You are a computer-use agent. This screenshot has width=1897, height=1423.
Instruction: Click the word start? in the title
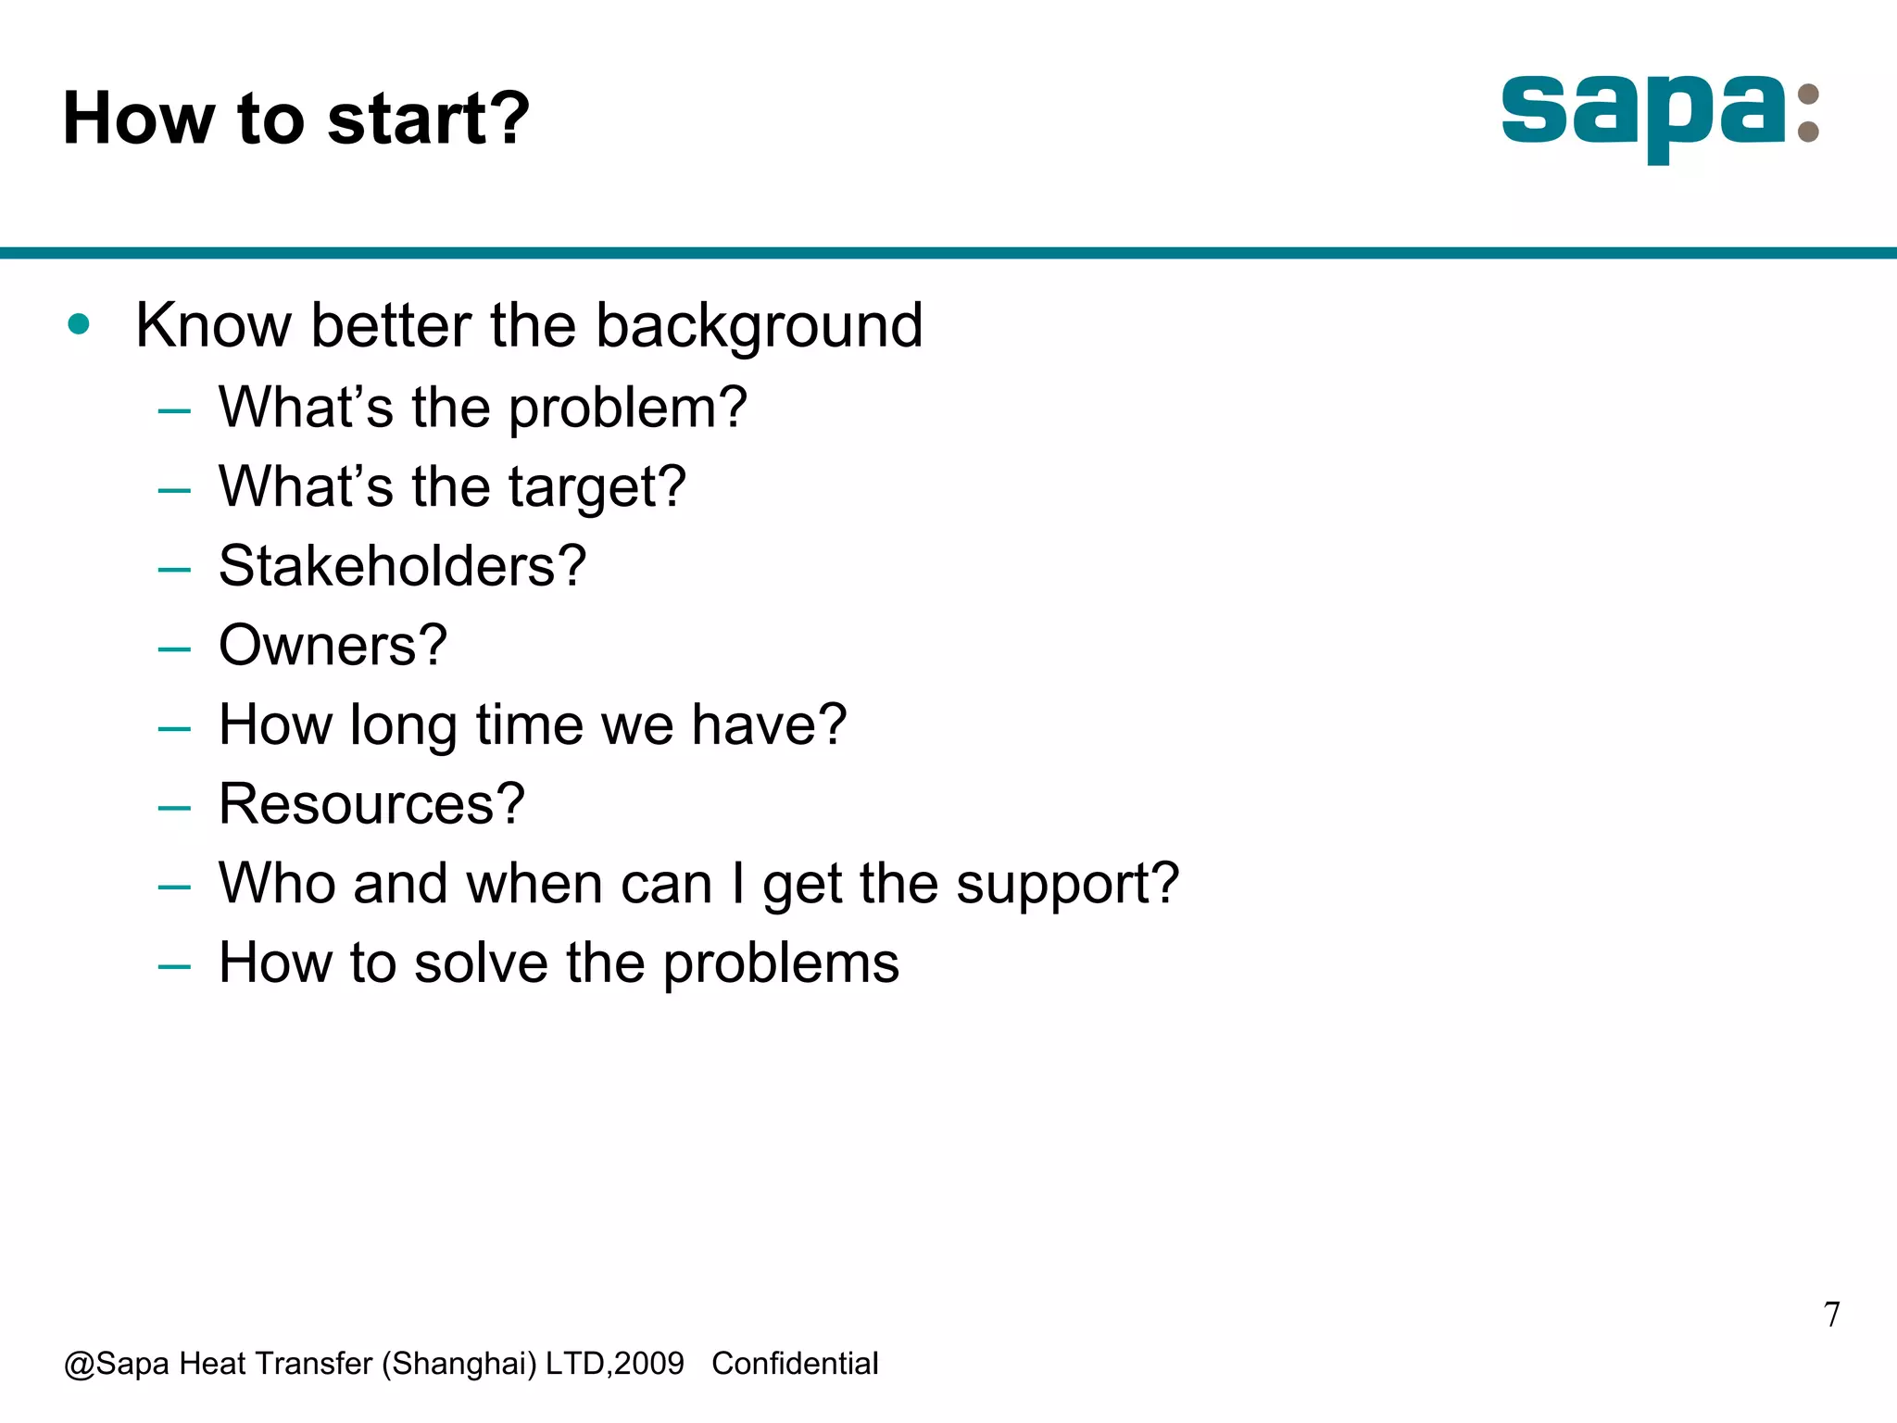point(429,119)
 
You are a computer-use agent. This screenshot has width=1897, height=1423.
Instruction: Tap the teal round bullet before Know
point(79,324)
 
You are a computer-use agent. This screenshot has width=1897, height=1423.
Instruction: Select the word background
point(759,326)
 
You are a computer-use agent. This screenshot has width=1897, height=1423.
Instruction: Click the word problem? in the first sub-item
point(627,408)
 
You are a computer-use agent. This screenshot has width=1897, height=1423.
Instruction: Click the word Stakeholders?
point(402,566)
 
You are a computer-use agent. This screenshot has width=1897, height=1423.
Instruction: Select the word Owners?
point(333,646)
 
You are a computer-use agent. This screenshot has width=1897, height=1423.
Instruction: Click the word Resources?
point(371,804)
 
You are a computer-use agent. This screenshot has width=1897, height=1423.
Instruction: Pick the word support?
point(1067,884)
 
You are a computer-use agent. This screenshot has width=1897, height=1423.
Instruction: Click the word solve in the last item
point(481,963)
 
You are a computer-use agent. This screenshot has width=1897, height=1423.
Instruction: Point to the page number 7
point(1831,1315)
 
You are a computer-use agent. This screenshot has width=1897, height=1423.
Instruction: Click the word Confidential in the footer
point(795,1364)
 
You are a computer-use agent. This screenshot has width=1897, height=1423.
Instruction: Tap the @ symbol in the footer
point(79,1365)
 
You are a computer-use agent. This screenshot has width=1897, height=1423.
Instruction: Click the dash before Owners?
point(174,649)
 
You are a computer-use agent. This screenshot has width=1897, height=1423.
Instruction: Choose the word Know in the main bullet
point(213,326)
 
